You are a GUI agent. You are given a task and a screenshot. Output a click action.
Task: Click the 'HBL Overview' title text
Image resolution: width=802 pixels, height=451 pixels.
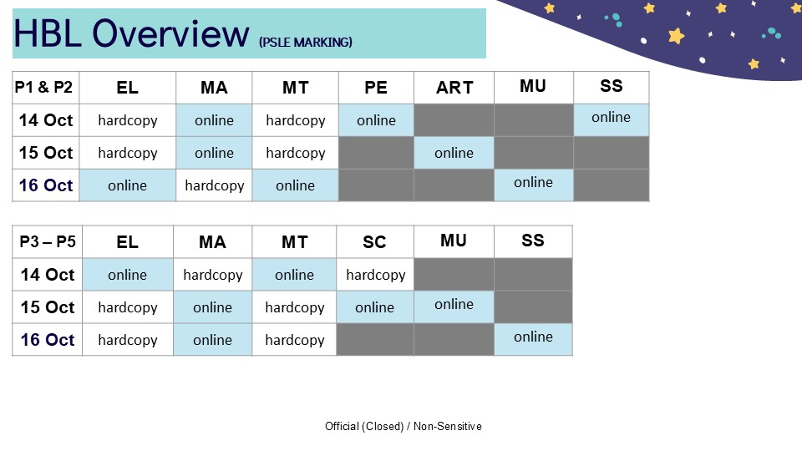pyautogui.click(x=131, y=33)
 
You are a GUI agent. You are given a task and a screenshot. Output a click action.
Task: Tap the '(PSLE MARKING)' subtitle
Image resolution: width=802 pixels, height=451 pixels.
pyautogui.click(x=306, y=42)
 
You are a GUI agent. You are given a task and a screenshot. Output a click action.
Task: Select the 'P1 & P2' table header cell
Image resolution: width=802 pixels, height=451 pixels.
pyautogui.click(x=45, y=88)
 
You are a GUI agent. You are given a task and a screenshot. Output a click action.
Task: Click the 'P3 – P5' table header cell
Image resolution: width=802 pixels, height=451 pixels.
pyautogui.click(x=47, y=241)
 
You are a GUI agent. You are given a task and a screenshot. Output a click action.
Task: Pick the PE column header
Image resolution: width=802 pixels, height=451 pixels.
pyautogui.click(x=376, y=88)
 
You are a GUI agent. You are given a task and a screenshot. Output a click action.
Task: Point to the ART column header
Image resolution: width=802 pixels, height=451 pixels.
pyautogui.click(x=454, y=88)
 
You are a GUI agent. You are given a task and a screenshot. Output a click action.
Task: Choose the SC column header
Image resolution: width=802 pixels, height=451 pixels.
pyautogui.click(x=375, y=241)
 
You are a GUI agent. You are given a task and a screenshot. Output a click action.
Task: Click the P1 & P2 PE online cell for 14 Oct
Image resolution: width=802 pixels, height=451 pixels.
pyautogui.click(x=376, y=120)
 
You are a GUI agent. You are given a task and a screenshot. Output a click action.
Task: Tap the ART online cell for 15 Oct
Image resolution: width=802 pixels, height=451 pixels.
pyautogui.click(x=454, y=153)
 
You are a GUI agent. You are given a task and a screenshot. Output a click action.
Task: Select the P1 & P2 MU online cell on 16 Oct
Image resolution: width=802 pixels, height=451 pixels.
pyautogui.click(x=534, y=185)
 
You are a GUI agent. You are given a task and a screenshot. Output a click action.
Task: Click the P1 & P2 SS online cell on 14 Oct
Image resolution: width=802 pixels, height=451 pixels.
pyautogui.click(x=612, y=120)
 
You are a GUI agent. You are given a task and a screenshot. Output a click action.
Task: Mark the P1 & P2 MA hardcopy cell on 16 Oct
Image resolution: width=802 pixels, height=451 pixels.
pyautogui.click(x=215, y=185)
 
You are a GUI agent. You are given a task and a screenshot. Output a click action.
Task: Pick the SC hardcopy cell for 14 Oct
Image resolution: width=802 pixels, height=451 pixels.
pyautogui.click(x=375, y=275)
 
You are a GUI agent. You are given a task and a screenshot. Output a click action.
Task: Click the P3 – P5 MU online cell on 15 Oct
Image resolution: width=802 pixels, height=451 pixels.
pyautogui.click(x=454, y=307)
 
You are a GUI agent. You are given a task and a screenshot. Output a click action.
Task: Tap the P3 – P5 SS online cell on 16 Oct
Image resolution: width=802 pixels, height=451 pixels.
pyautogui.click(x=534, y=340)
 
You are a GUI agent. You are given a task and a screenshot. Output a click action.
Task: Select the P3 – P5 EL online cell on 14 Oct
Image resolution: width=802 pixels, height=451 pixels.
pyautogui.click(x=127, y=275)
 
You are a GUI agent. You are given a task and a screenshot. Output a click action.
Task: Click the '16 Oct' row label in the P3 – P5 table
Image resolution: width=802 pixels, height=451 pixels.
pyautogui.click(x=47, y=340)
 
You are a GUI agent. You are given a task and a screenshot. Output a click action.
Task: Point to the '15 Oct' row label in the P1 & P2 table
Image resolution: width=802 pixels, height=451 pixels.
pyautogui.click(x=45, y=153)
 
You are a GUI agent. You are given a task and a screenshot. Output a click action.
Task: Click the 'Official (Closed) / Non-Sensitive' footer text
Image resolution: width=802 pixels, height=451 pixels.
pyautogui.click(x=403, y=426)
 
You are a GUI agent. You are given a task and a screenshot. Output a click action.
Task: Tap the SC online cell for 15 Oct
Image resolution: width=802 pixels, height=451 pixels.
pyautogui.click(x=375, y=307)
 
